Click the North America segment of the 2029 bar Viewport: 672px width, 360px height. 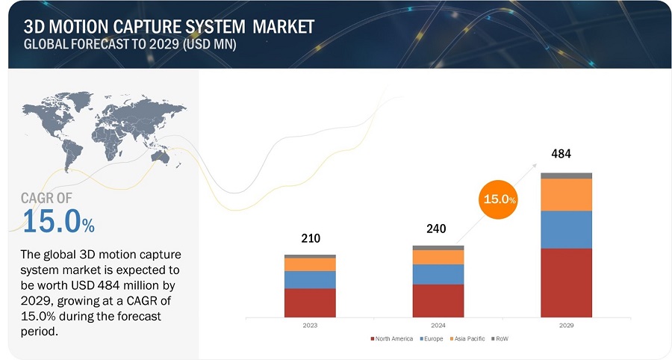566,282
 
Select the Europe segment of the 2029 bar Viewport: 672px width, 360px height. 566,229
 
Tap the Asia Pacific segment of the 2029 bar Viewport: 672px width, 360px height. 566,194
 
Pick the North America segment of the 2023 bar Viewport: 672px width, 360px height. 310,302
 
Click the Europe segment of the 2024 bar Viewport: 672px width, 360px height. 438,274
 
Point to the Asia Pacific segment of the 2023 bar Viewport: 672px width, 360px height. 310,264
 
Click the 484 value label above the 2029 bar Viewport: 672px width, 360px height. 561,154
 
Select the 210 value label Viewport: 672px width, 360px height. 311,239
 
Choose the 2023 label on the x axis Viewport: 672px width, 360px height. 310,325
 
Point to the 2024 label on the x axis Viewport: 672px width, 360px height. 438,325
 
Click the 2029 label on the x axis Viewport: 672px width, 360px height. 566,325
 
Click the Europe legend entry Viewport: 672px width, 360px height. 434,338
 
